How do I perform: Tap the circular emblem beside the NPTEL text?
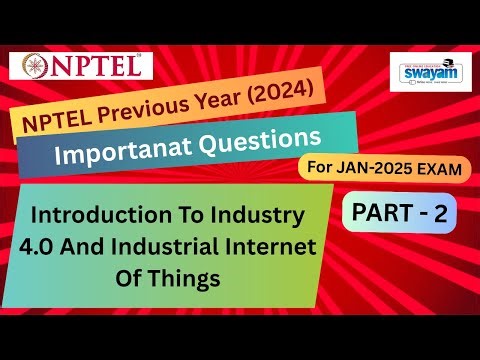pyautogui.click(x=33, y=67)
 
